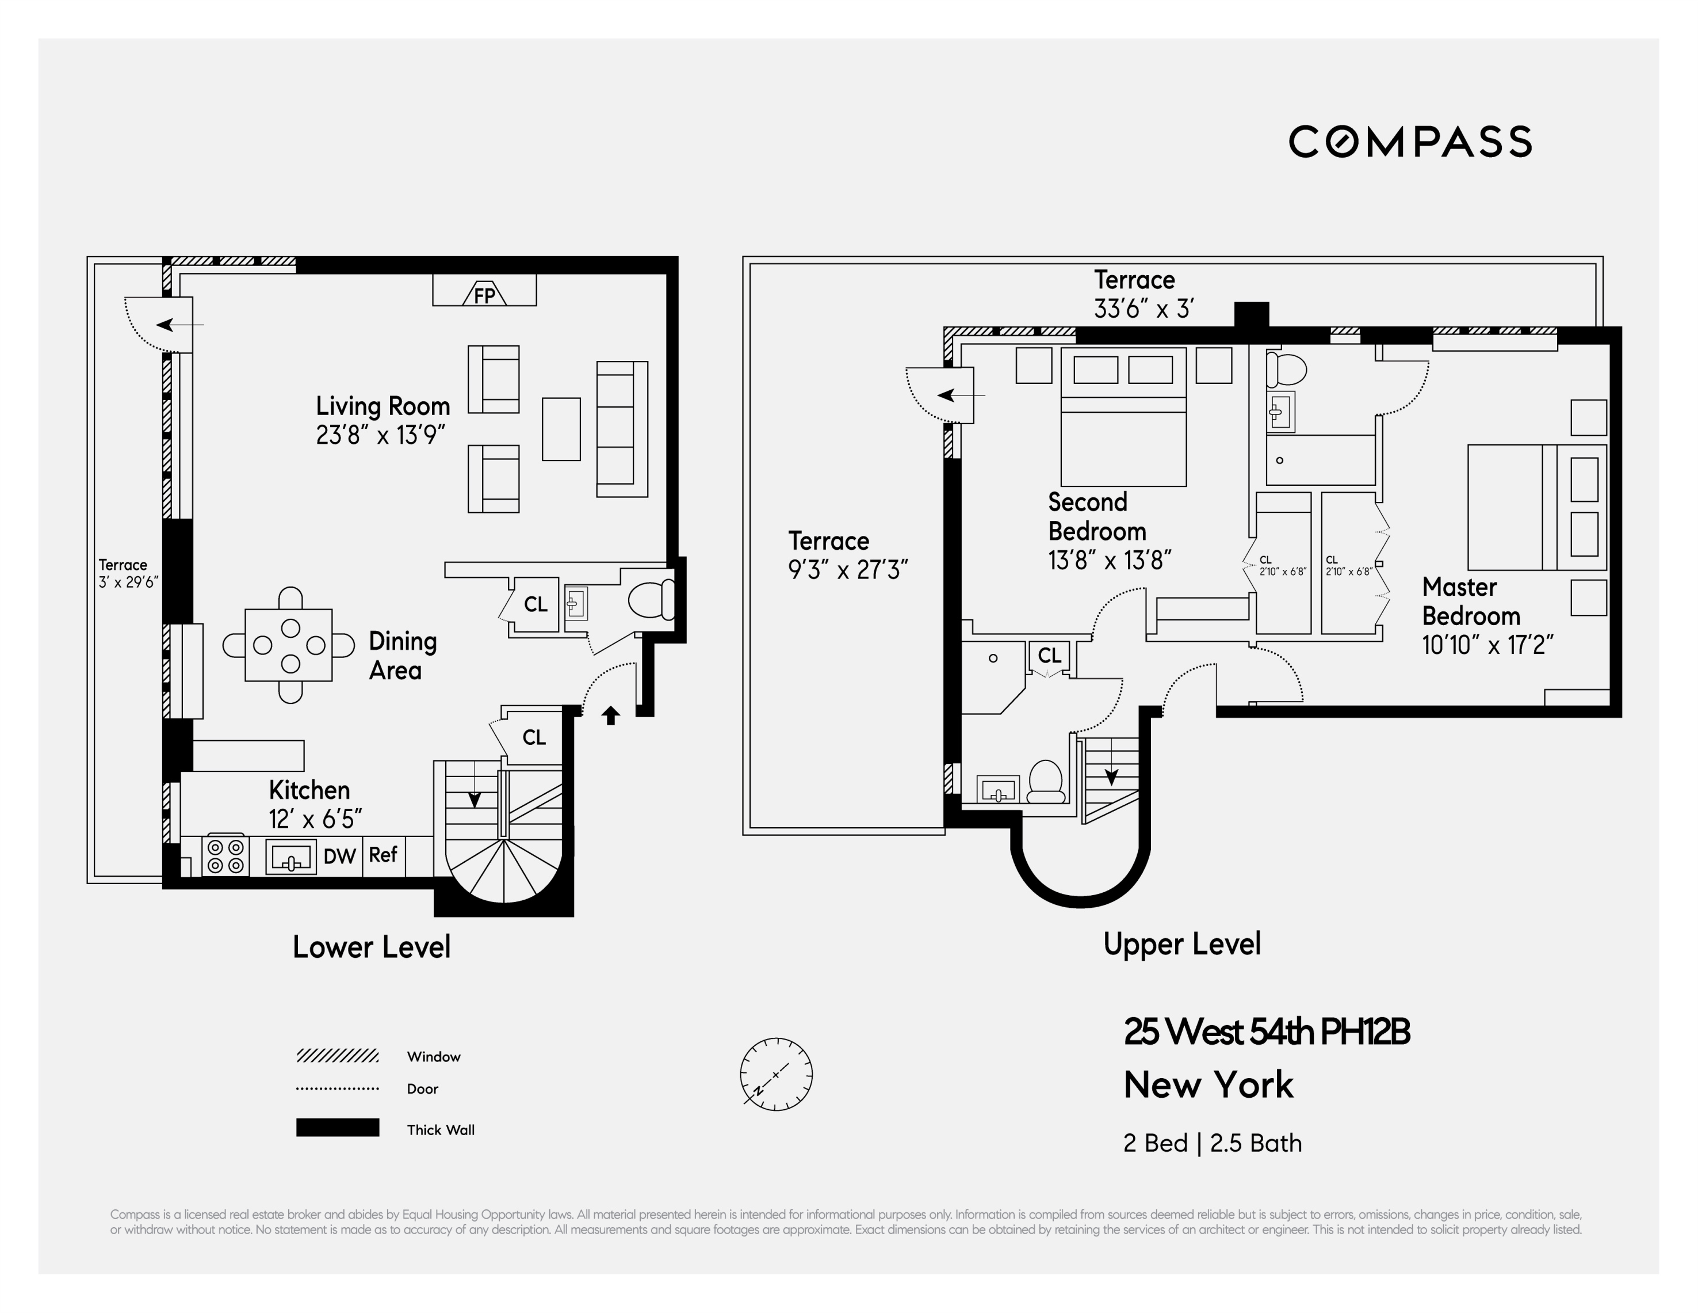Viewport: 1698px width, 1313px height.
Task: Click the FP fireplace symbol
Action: click(484, 294)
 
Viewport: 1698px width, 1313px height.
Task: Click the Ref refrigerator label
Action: click(383, 855)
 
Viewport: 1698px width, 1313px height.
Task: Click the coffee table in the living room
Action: click(561, 429)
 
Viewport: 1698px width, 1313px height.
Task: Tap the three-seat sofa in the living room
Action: click(621, 429)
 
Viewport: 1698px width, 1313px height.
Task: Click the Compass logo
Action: click(1410, 142)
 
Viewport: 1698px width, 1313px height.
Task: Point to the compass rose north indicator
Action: click(776, 1074)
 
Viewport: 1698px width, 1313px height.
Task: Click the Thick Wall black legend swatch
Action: click(338, 1128)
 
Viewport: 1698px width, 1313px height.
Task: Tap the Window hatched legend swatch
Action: click(338, 1056)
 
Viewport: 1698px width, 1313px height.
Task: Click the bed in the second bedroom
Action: click(1123, 417)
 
